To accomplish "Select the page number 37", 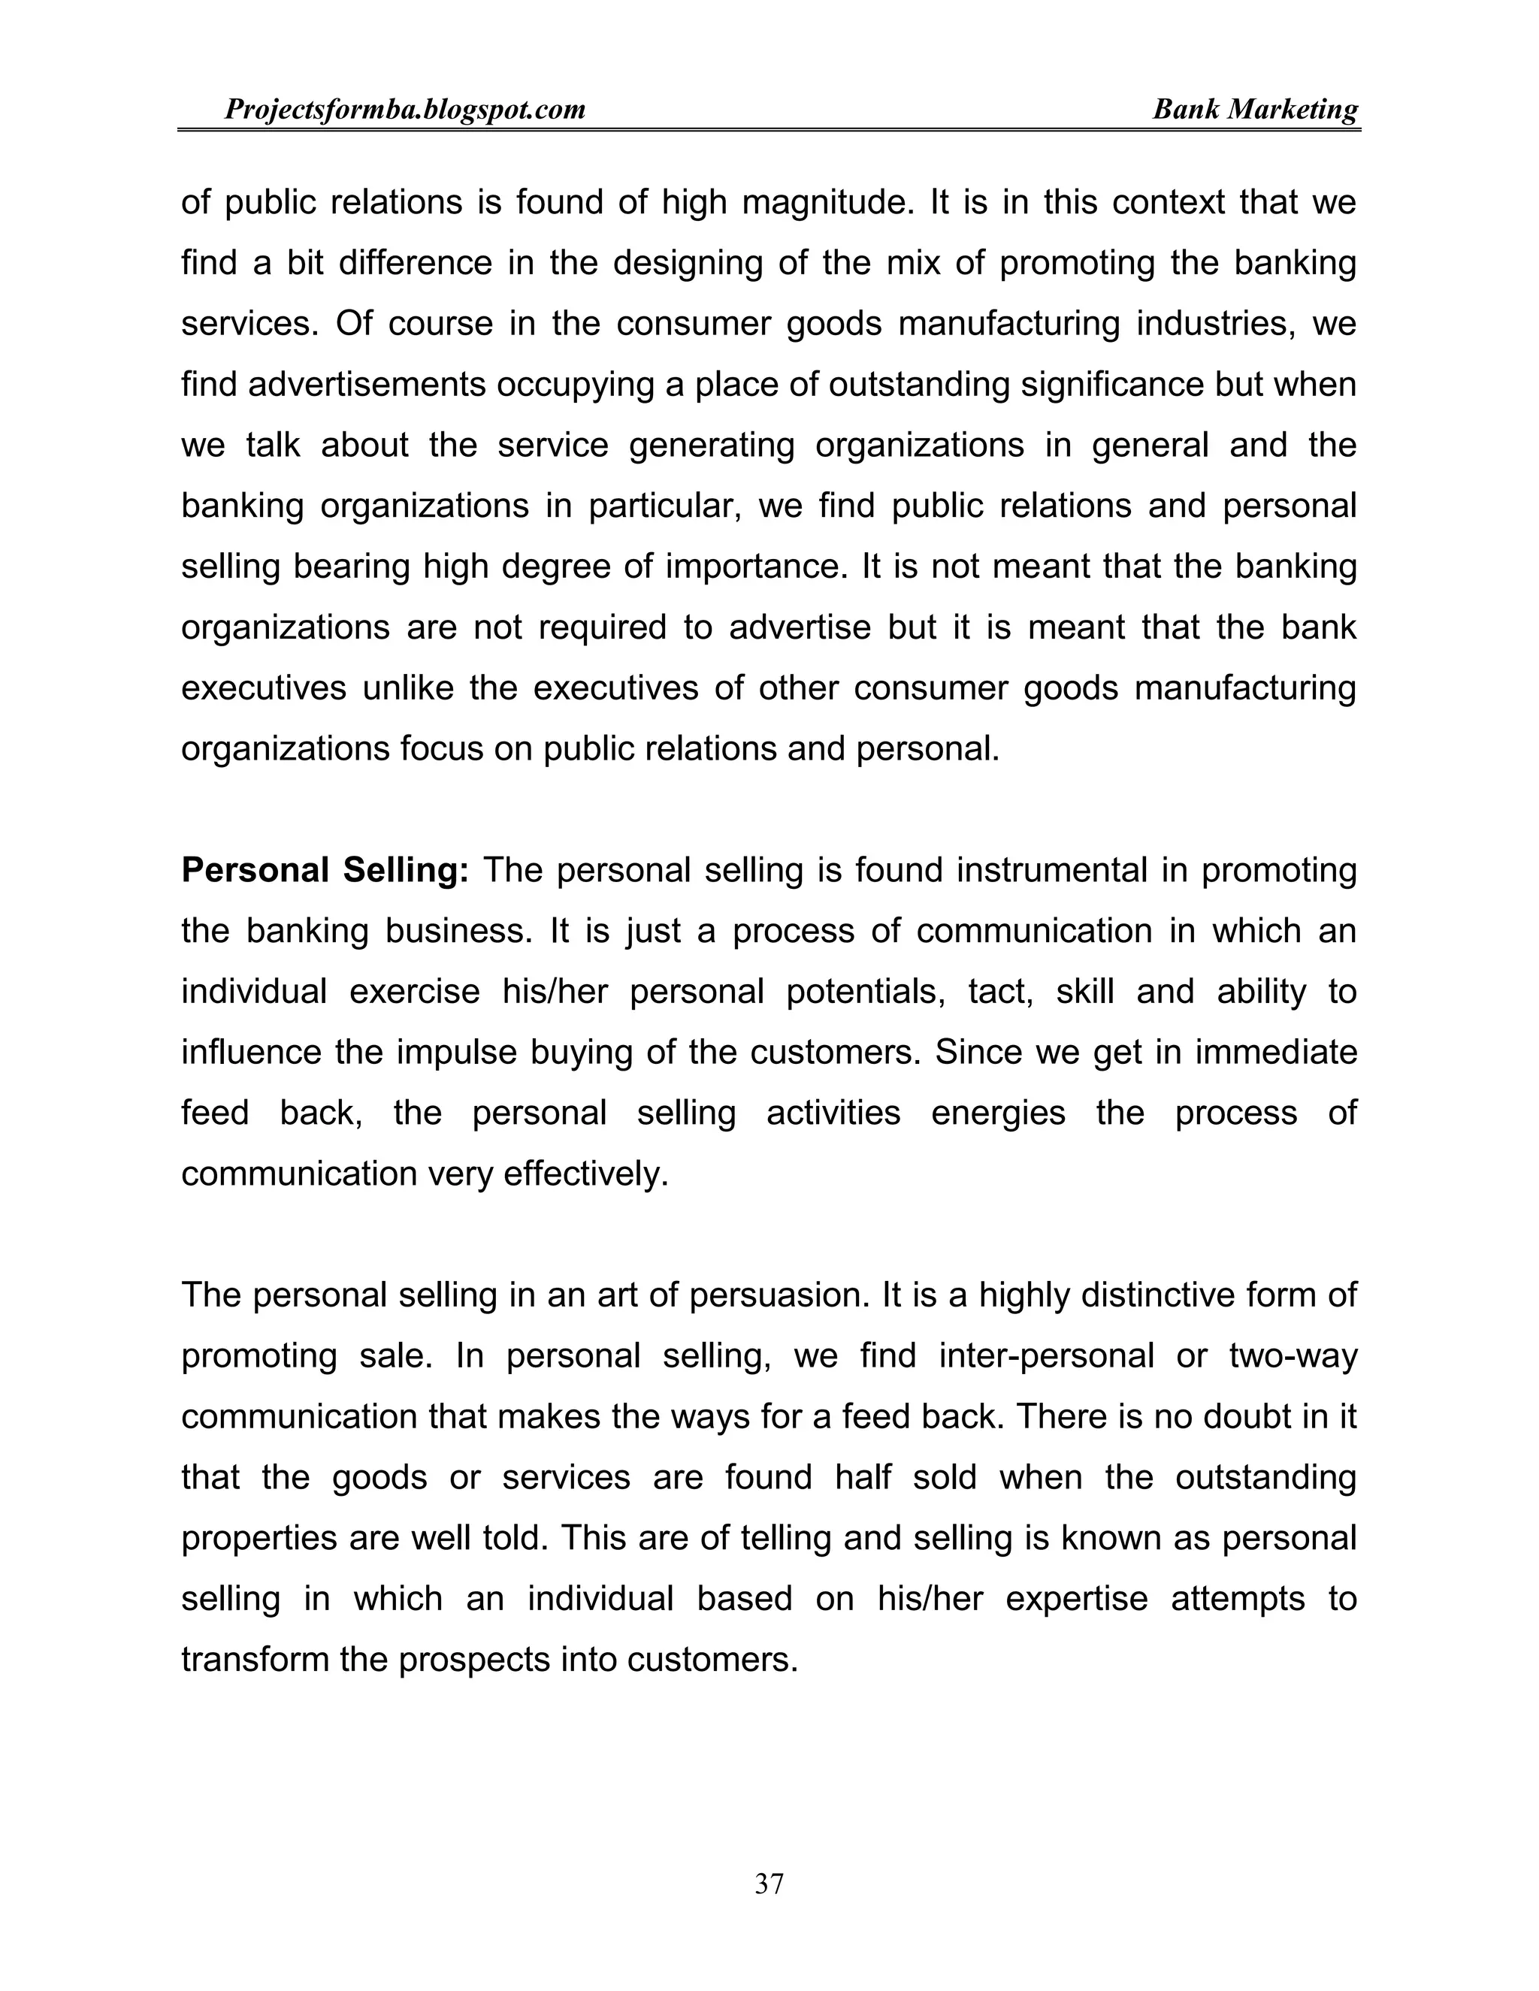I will point(769,1884).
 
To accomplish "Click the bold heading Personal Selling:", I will point(325,871).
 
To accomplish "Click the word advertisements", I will point(367,385).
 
